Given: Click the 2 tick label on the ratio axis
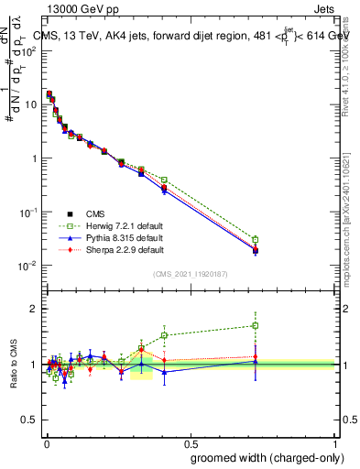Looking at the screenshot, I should coord(33,309).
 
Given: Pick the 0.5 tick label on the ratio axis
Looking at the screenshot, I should coord(28,420).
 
